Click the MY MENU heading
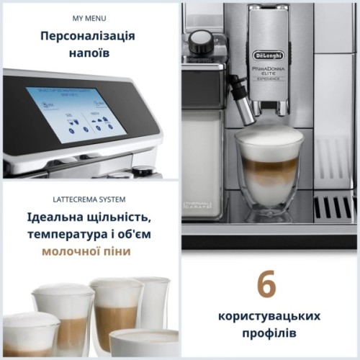click(x=89, y=17)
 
